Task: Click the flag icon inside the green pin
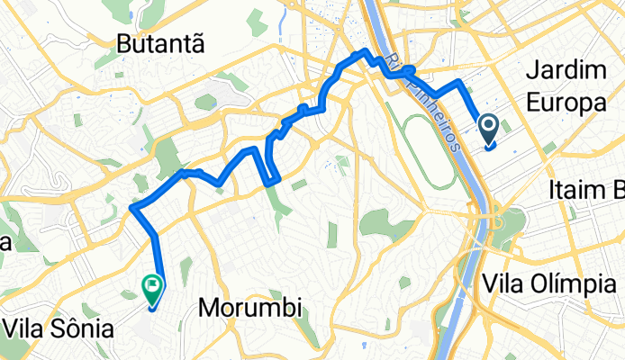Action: pyautogui.click(x=152, y=287)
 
